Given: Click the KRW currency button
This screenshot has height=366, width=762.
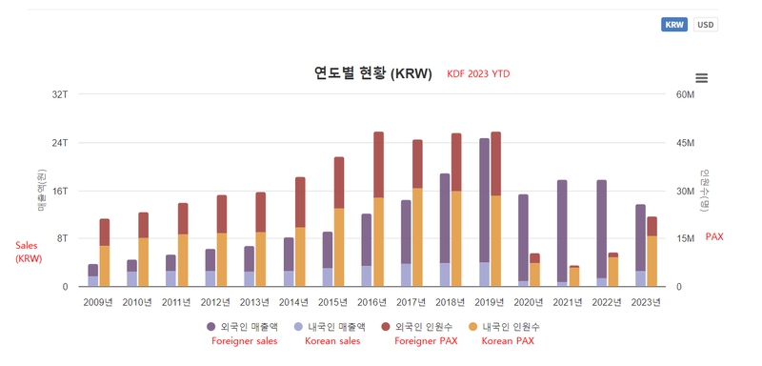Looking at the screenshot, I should [674, 25].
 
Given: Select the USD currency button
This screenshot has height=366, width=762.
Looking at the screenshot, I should [706, 25].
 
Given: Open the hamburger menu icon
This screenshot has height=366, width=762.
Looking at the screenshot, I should [702, 78].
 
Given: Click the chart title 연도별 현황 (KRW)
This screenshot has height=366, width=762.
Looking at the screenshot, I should [372, 73].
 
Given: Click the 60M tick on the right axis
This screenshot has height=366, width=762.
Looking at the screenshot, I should [686, 94].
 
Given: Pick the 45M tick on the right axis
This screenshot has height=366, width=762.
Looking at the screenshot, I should [686, 143].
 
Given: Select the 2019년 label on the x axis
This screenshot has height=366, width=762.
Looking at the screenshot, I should [489, 302].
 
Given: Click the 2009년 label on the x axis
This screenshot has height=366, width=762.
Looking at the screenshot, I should [98, 302].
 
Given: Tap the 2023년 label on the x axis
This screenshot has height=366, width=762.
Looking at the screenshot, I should [646, 302].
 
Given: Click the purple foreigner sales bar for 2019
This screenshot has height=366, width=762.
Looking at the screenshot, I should [484, 200].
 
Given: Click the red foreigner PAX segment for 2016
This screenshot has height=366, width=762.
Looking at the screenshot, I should [378, 164].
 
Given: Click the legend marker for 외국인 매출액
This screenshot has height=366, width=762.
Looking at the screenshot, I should [211, 326].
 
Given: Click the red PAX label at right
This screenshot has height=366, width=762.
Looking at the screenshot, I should [713, 236].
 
